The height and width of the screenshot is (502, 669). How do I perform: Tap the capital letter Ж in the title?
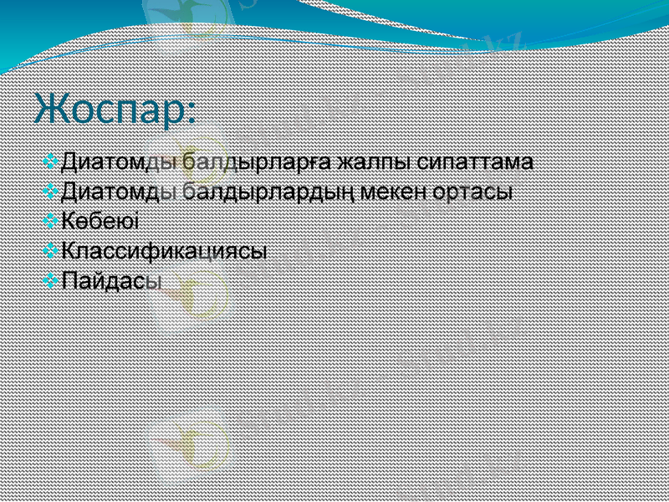point(50,109)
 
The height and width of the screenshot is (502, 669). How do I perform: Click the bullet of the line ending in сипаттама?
point(51,159)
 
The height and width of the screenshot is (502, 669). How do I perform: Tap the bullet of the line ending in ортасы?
point(51,190)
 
